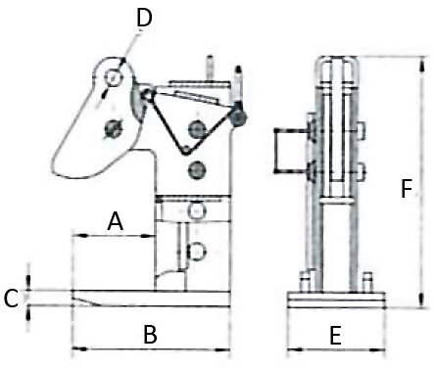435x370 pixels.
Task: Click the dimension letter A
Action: pyautogui.click(x=116, y=221)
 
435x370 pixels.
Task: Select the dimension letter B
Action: pyautogui.click(x=150, y=334)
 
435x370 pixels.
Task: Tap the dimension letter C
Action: pyautogui.click(x=11, y=299)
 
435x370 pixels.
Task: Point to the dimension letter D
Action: pyautogui.click(x=144, y=18)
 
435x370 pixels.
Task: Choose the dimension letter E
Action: pyautogui.click(x=335, y=336)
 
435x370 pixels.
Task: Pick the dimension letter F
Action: pyautogui.click(x=407, y=189)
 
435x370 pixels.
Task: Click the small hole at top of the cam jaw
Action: pyautogui.click(x=113, y=78)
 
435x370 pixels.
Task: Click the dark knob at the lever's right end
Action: pyautogui.click(x=238, y=117)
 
